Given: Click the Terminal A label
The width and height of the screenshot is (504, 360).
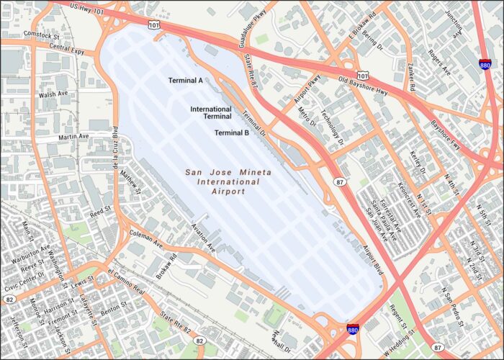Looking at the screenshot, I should tap(185, 81).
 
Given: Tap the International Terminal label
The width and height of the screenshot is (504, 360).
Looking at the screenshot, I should tap(210, 113).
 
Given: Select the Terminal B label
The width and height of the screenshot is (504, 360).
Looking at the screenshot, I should tap(232, 132).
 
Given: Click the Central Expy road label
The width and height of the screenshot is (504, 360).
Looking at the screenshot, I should tap(68, 50).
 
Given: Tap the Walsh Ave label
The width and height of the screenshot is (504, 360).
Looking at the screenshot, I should tap(54, 94).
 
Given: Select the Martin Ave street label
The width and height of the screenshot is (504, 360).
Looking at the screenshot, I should tap(73, 136).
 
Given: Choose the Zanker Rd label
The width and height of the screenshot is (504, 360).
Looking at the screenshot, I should tap(411, 76).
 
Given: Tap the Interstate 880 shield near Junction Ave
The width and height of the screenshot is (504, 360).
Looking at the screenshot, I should tap(485, 63).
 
